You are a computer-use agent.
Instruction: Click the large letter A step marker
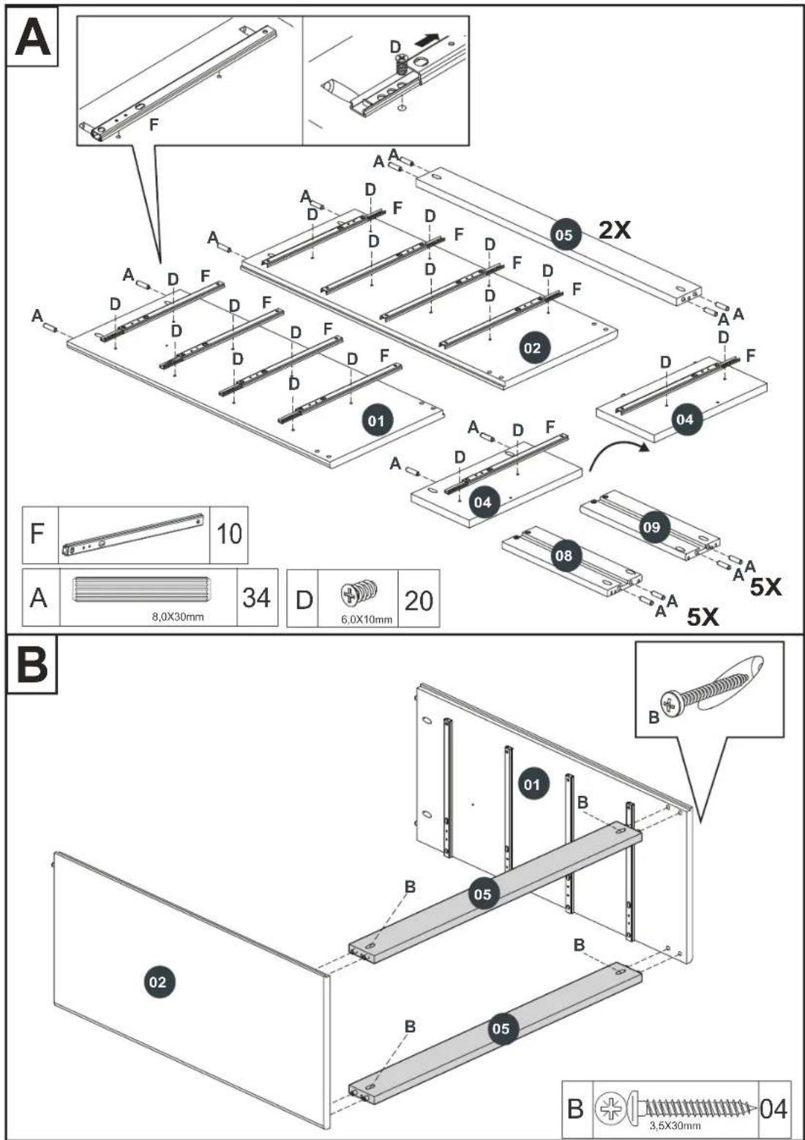(32, 37)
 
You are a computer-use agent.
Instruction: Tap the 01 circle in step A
(376, 421)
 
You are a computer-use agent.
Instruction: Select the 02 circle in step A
(532, 348)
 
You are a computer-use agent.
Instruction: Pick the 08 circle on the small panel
(563, 555)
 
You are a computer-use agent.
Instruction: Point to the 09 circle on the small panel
(651, 526)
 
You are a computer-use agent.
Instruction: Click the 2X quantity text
(614, 231)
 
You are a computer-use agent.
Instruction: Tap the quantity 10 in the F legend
(229, 534)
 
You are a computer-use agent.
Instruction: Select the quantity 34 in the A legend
(256, 597)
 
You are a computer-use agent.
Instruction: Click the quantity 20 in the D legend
(419, 601)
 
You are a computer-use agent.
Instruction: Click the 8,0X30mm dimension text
(178, 617)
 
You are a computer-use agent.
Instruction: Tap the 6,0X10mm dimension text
(367, 619)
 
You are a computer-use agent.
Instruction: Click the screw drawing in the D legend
(361, 593)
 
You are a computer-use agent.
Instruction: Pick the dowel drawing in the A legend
(141, 590)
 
